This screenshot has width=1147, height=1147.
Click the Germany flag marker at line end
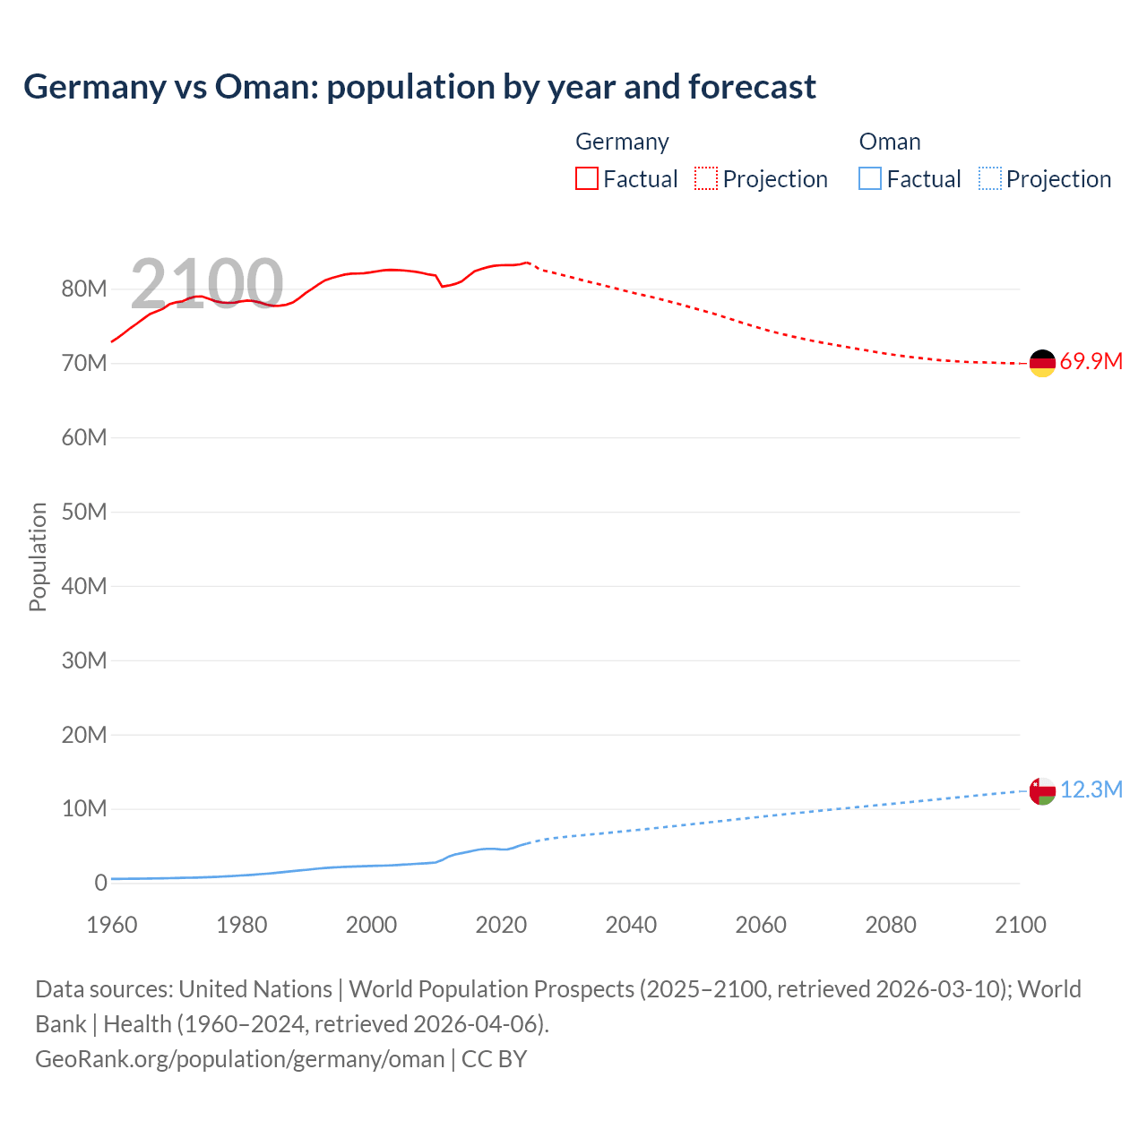pos(1042,363)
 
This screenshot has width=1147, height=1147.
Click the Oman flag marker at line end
pos(1042,791)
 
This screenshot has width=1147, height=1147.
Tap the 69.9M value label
pos(1091,362)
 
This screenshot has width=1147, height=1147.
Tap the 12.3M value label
pos(1091,789)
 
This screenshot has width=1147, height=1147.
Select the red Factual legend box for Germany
pos(587,178)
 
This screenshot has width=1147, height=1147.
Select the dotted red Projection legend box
pos(706,178)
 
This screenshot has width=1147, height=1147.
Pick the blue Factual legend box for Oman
pos(870,178)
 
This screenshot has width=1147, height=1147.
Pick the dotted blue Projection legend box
pos(990,178)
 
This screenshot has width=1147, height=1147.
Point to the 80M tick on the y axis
pos(84,289)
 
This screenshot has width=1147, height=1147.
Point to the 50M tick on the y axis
pos(84,512)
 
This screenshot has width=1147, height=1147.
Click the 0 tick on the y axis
pos(100,883)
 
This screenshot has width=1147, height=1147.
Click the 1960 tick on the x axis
pos(112,925)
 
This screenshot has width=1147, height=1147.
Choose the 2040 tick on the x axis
pos(631,925)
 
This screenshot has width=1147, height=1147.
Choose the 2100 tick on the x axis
pos(1020,925)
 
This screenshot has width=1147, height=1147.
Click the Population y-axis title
pos(38,556)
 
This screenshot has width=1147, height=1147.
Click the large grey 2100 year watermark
pos(207,283)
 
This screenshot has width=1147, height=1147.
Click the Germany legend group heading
pos(622,142)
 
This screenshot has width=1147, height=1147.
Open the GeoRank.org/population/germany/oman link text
pos(240,1059)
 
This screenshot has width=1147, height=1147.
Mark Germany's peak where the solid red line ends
pos(528,263)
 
